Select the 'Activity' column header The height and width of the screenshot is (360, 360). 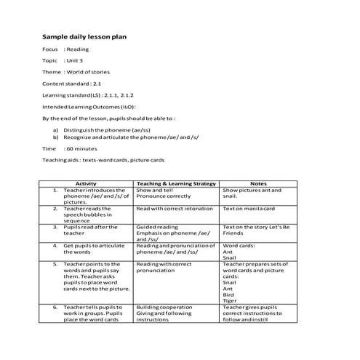(x=86, y=183)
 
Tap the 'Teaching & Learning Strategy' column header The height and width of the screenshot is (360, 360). (x=176, y=183)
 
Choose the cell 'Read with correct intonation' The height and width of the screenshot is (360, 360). (x=175, y=208)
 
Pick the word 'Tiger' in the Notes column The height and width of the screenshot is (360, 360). (x=230, y=299)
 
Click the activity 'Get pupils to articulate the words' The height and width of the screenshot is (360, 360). (x=88, y=249)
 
